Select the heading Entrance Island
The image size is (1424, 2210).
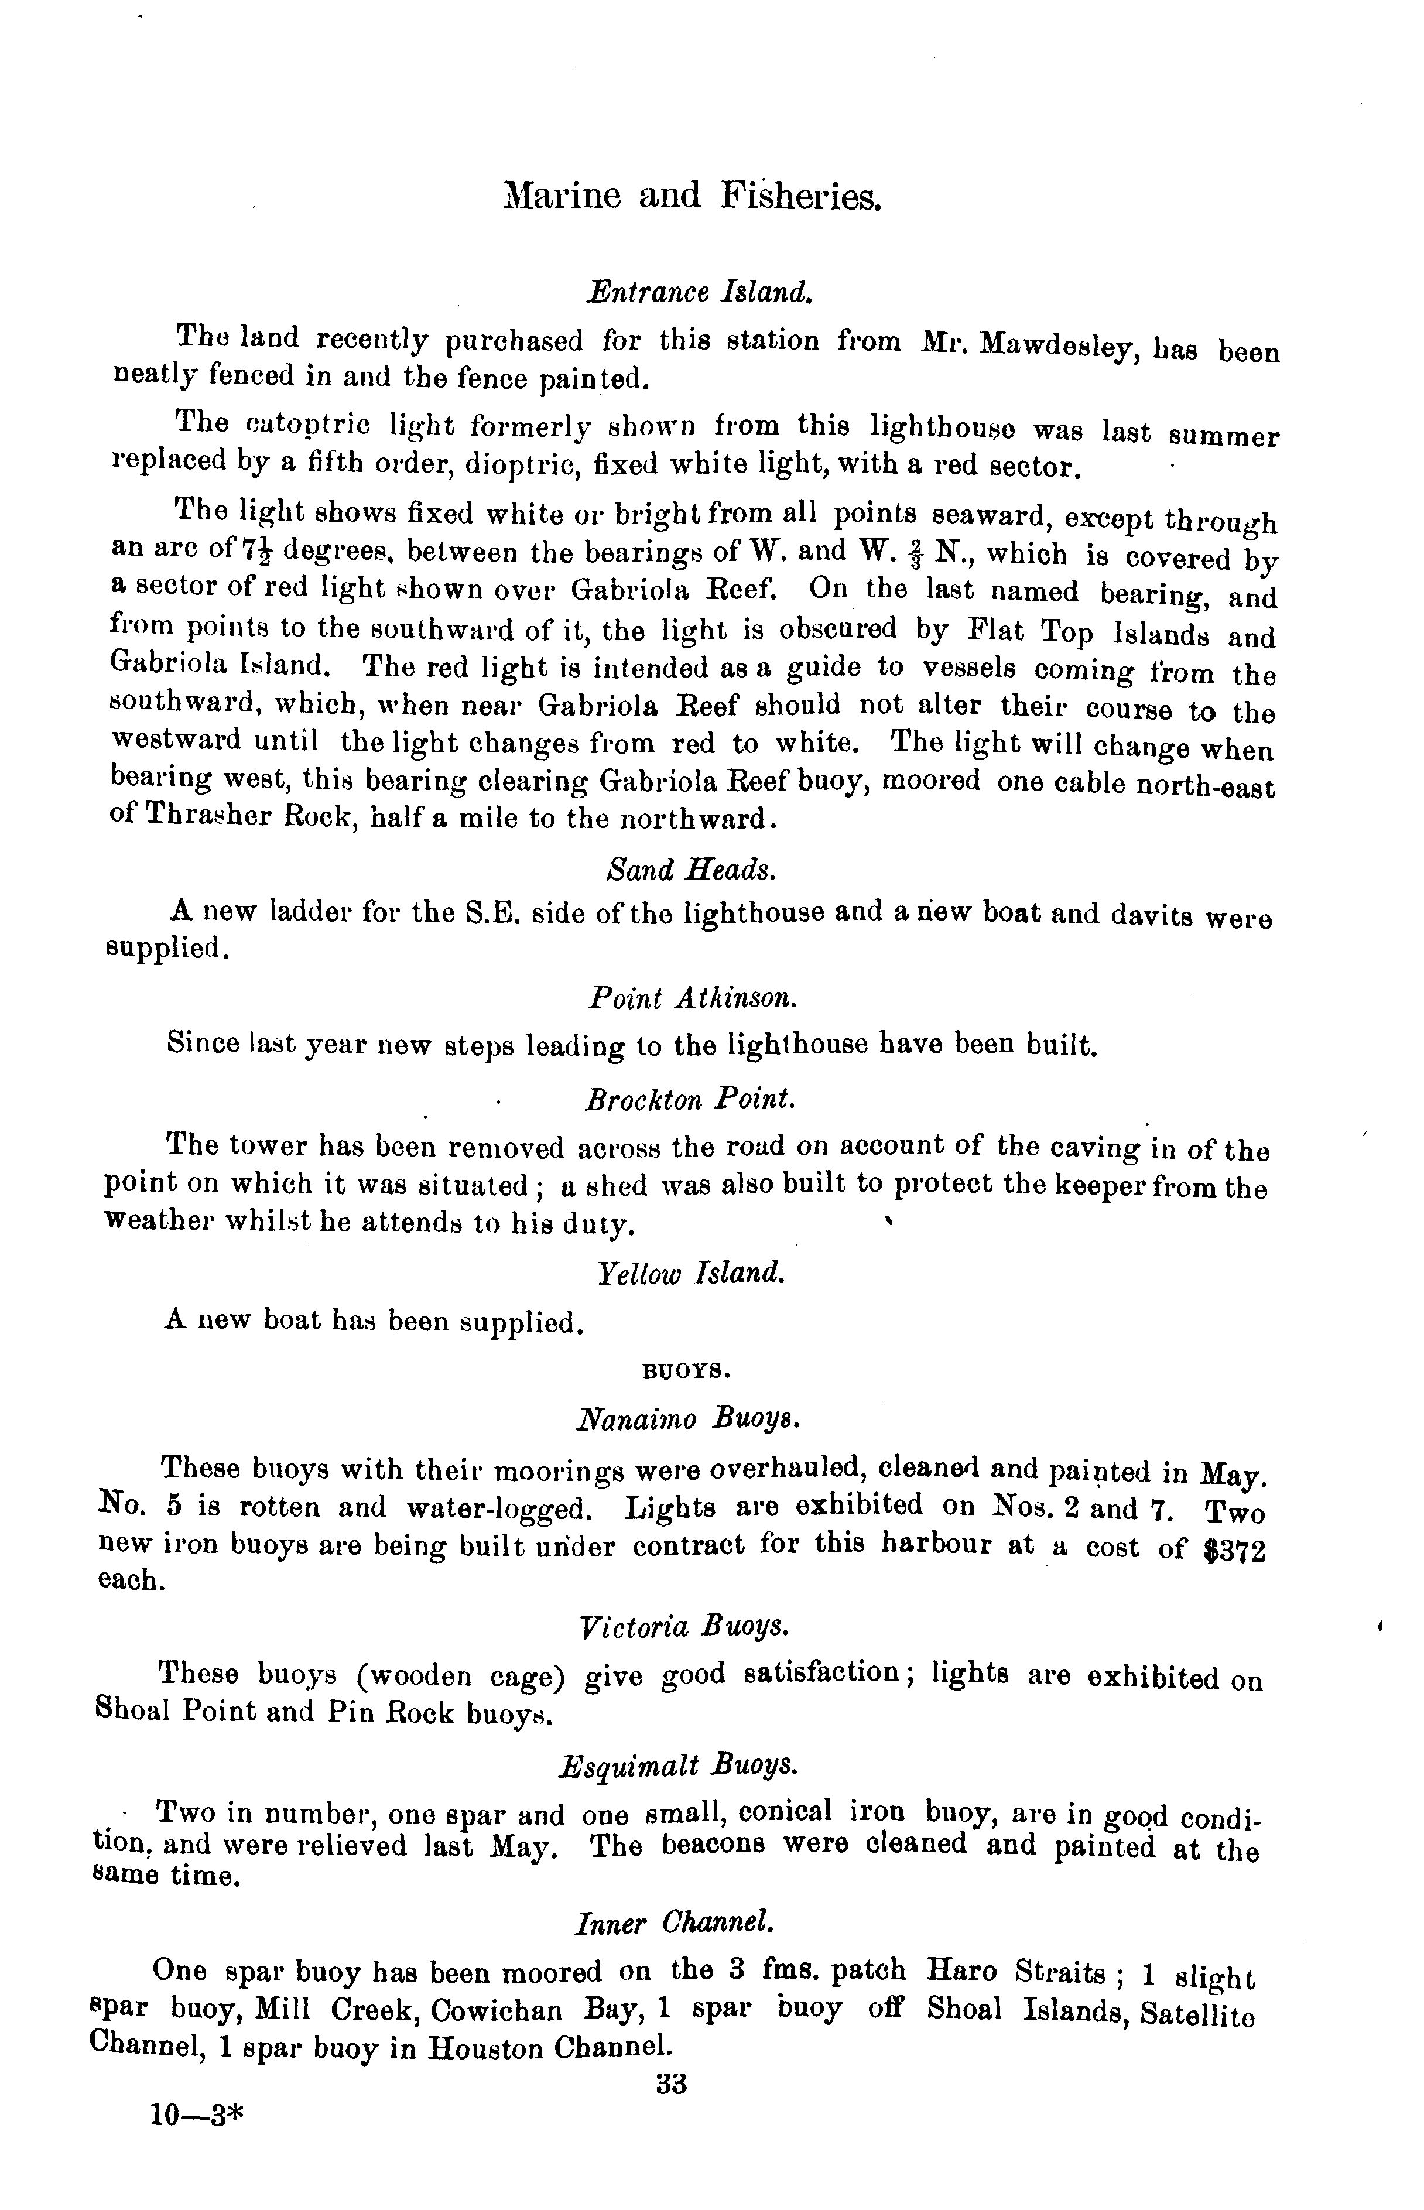point(700,293)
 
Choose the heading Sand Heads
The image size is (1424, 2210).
point(690,870)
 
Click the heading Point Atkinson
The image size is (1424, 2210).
point(692,998)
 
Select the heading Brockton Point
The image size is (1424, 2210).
point(690,1100)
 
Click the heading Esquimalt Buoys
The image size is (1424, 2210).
point(679,1764)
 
